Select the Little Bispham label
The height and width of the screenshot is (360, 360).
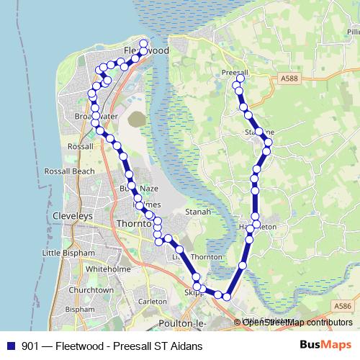click(x=68, y=253)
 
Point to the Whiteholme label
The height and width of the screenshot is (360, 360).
click(x=107, y=268)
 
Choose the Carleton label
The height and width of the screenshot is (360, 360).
click(x=153, y=301)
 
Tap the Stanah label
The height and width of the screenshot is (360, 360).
click(x=198, y=212)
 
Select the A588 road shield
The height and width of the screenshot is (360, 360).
click(x=290, y=78)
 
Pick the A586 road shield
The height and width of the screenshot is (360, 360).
click(x=343, y=306)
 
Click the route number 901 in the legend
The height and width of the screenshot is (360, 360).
click(x=31, y=346)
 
